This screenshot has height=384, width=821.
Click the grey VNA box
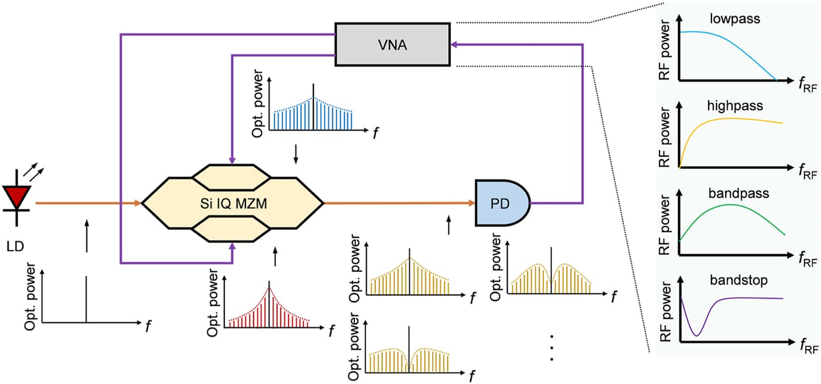(392, 44)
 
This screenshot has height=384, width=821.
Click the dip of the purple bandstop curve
(697, 335)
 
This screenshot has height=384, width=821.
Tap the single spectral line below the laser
(86, 299)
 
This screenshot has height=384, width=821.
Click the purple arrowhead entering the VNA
(454, 44)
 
